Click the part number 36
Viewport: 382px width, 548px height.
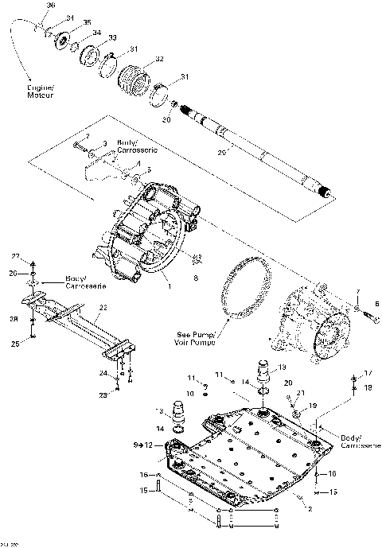click(x=51, y=6)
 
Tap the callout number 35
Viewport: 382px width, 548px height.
click(x=87, y=22)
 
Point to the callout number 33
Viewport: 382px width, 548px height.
click(x=112, y=37)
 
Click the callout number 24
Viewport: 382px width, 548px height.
click(x=103, y=372)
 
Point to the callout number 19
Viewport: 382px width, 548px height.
click(x=312, y=405)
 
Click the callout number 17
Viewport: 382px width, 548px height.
click(x=367, y=373)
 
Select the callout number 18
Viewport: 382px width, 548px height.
click(x=367, y=387)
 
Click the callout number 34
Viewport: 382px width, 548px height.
click(x=96, y=33)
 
